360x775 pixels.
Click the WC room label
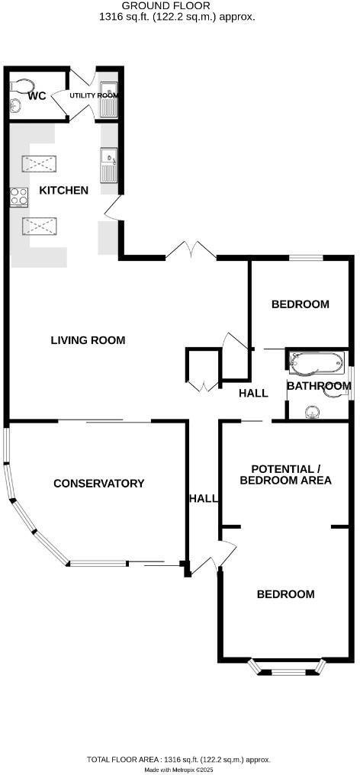pyautogui.click(x=37, y=96)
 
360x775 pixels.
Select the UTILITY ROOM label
pyautogui.click(x=95, y=95)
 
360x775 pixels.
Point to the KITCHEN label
pyautogui.click(x=64, y=190)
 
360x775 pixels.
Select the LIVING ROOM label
pyautogui.click(x=88, y=340)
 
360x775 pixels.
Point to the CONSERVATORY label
pyautogui.click(x=98, y=483)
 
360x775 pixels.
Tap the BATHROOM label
pyautogui.click(x=318, y=386)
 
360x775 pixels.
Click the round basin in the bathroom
pyautogui.click(x=312, y=413)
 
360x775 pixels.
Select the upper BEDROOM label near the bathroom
pyautogui.click(x=301, y=304)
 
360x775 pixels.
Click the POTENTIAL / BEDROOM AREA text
pyautogui.click(x=285, y=474)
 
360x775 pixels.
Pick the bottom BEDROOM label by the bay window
pyautogui.click(x=285, y=594)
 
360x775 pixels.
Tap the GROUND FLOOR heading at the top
pyautogui.click(x=177, y=5)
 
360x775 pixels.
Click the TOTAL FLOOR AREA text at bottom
pyautogui.click(x=177, y=759)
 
